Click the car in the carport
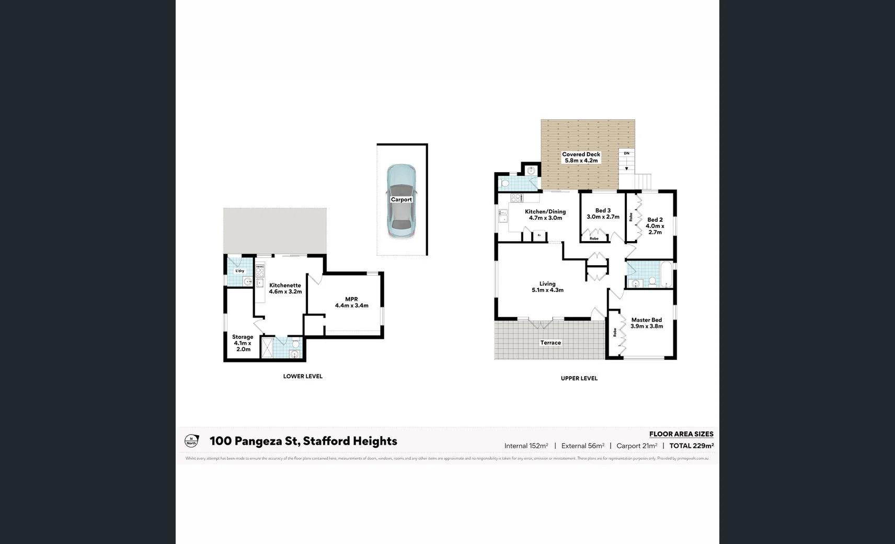coord(401,201)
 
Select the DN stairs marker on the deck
coord(626,154)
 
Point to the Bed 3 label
coord(603,210)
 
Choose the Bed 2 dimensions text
coord(655,229)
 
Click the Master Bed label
coord(646,320)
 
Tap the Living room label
coord(547,284)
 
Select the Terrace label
coord(550,343)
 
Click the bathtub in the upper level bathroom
coord(667,275)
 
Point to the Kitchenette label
coord(285,286)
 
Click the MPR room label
coord(351,299)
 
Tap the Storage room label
coord(243,337)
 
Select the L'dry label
coord(239,271)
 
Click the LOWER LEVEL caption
coord(303,376)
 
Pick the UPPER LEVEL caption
coord(579,378)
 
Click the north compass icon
coord(192,441)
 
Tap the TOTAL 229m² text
coord(691,446)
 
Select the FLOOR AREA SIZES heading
coord(681,434)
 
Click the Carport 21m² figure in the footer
coord(636,446)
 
